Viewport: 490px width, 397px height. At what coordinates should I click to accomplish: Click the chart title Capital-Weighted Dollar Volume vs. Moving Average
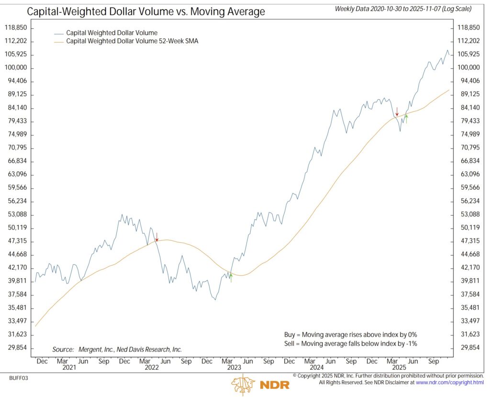(x=146, y=11)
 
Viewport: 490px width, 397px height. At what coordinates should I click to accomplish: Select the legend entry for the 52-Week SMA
(x=132, y=42)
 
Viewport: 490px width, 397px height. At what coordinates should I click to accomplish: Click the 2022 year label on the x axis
(x=151, y=368)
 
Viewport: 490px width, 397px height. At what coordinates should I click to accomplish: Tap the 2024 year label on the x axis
(x=316, y=368)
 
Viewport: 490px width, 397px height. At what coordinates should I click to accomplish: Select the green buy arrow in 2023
(x=231, y=277)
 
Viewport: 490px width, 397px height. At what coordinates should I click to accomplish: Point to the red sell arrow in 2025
(x=397, y=112)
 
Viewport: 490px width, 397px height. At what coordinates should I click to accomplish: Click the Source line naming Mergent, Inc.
(x=117, y=350)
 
